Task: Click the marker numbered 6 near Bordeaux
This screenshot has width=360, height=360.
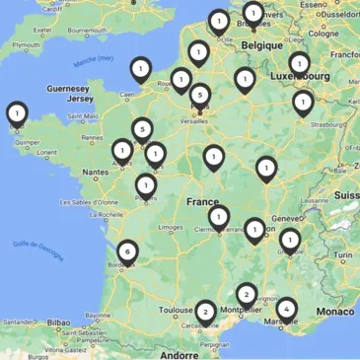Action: click(127, 252)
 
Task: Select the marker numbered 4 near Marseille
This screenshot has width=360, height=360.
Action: click(286, 309)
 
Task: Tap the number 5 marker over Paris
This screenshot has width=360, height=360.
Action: click(200, 96)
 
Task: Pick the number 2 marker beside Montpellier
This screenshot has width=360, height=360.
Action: click(246, 294)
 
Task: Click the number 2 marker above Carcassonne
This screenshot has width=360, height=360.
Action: click(204, 311)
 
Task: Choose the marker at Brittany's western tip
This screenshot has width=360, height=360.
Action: click(16, 113)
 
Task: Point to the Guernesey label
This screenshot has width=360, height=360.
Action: click(67, 89)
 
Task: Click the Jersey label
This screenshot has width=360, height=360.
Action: click(79, 100)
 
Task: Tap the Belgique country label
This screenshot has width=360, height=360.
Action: click(263, 45)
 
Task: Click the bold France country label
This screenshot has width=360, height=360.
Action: click(202, 202)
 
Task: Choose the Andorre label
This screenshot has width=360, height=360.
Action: click(180, 353)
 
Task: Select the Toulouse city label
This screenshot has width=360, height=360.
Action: click(177, 310)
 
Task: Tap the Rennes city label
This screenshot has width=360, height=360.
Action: click(91, 138)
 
